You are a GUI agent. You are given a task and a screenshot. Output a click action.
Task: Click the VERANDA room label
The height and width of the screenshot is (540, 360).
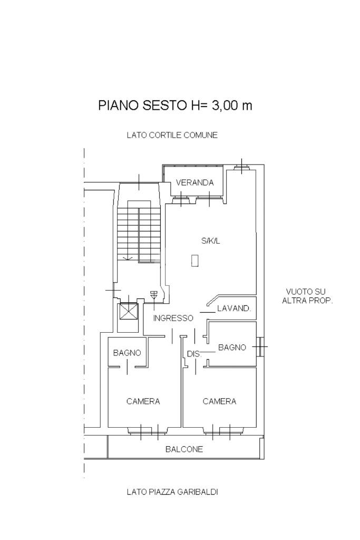point(195,182)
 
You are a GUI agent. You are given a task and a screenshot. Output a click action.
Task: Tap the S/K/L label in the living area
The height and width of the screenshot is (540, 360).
point(211,241)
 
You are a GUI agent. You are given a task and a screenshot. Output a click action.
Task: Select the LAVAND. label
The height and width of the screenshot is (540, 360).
point(234,308)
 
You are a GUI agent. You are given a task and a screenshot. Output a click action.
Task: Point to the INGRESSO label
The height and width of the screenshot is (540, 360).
point(173,318)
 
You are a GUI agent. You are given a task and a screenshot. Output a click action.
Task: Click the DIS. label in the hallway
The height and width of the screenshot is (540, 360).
point(194,354)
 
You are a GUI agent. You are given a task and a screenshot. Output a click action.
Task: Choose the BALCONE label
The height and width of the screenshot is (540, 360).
point(184,449)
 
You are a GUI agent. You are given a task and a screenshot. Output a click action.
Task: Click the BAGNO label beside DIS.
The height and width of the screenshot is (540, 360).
point(232,348)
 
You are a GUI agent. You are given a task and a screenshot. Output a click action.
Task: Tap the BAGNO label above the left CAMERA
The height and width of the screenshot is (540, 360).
point(127,353)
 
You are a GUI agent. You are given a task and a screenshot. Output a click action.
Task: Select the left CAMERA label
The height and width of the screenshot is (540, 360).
point(143,401)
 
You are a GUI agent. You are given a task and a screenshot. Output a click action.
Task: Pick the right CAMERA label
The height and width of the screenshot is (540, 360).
point(219,401)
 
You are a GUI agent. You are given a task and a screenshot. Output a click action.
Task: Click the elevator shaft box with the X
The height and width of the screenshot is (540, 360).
point(129,312)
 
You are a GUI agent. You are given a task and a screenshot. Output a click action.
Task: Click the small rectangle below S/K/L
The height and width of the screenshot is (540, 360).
point(195,261)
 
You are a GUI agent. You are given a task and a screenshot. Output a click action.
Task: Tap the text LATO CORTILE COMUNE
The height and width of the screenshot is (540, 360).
point(172,135)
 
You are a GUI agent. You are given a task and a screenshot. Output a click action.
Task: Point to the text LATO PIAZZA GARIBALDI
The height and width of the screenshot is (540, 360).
point(172,492)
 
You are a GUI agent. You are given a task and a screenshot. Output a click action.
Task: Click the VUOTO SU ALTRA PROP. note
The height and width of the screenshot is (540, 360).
point(307,296)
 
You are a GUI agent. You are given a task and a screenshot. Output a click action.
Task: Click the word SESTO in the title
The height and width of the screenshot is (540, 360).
point(164,105)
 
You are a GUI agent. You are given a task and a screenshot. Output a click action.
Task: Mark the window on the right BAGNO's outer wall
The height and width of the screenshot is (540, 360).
point(260,347)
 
